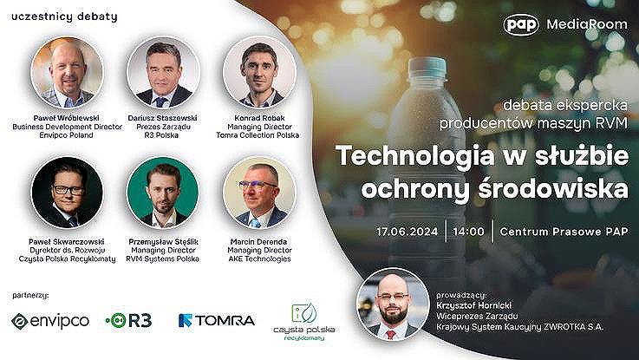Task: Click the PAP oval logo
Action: [521, 24]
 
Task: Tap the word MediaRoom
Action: [587, 24]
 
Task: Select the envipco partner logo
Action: [50, 321]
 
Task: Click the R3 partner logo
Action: [129, 320]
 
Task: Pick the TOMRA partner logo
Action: [217, 320]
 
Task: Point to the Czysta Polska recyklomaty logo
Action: [304, 322]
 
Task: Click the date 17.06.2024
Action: [407, 232]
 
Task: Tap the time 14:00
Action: [469, 232]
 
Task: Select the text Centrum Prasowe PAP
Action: [564, 232]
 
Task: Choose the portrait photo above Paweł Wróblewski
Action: [68, 72]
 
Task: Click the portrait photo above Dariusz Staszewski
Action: [163, 72]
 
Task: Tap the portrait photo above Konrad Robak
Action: [259, 72]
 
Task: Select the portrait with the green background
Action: [163, 193]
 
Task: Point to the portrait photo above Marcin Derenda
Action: [259, 193]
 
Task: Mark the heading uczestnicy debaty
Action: [64, 17]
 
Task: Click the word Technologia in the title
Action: [414, 155]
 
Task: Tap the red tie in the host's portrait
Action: [391, 335]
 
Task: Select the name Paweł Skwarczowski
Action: [67, 241]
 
